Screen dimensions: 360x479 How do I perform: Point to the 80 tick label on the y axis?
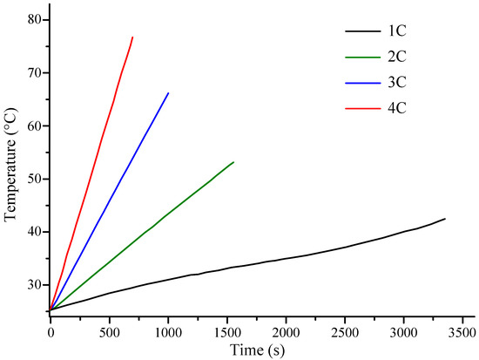pos(32,19)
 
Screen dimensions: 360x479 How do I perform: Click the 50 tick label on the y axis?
pos(32,179)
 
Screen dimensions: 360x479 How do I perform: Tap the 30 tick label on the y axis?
pos(32,285)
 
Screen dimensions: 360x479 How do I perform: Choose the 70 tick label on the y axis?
pos(32,72)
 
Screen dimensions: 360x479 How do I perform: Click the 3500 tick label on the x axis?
pos(462,332)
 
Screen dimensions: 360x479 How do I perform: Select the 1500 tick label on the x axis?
pos(227,332)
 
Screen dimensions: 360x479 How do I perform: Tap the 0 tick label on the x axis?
pos(51,332)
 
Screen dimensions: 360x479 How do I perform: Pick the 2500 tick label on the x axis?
pos(345,332)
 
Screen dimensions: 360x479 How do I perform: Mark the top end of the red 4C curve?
pos(132,37)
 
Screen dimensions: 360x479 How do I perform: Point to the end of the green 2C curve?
pos(233,161)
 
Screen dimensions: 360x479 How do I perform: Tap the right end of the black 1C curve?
pos(445,219)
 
